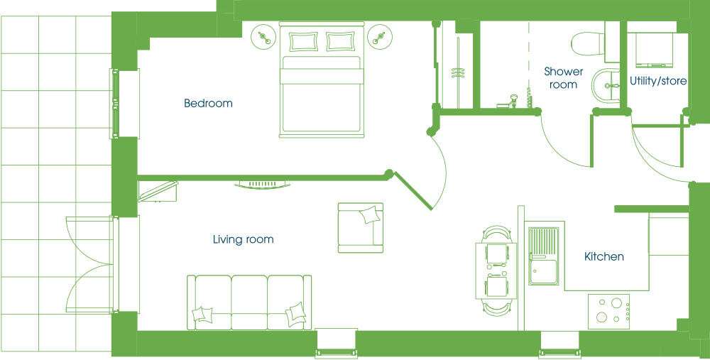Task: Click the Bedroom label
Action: (x=208, y=103)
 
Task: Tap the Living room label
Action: (x=243, y=239)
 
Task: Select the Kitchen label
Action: (x=604, y=257)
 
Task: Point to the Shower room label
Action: (x=563, y=77)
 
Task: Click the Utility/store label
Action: (x=658, y=81)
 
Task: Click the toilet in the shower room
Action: (x=587, y=44)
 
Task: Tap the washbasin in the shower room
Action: (x=606, y=86)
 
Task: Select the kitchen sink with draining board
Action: (x=543, y=256)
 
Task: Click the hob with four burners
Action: (x=608, y=312)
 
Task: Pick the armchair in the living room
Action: (x=361, y=227)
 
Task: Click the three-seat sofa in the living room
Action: (x=249, y=302)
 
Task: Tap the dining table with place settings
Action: (x=496, y=271)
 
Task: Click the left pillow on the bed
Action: (x=304, y=41)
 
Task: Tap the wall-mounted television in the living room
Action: (x=262, y=184)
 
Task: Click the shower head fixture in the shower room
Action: (x=514, y=101)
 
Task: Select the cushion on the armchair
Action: (x=369, y=215)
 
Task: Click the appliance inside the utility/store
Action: (x=654, y=48)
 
